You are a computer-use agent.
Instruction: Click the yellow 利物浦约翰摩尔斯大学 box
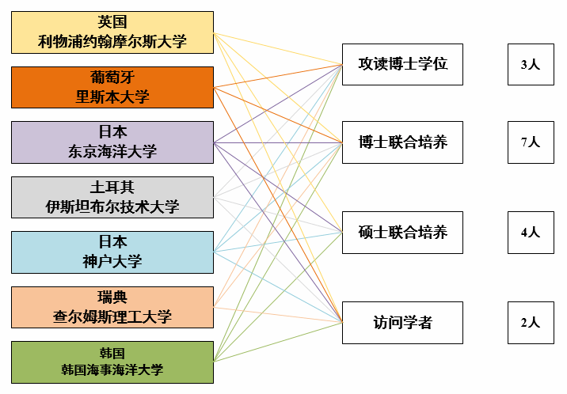pyautogui.click(x=112, y=32)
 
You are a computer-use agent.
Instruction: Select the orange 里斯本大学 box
pyautogui.click(x=112, y=87)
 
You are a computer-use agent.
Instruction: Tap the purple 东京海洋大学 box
pyautogui.click(x=112, y=142)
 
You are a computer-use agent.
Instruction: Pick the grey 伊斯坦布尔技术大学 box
pyautogui.click(x=112, y=197)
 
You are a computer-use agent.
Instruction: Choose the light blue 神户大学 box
pyautogui.click(x=112, y=252)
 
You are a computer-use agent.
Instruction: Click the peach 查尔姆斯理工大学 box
pyautogui.click(x=112, y=307)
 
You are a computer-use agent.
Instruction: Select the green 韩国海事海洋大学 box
pyautogui.click(x=112, y=362)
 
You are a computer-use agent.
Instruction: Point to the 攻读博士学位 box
pyautogui.click(x=402, y=64)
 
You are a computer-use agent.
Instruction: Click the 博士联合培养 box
pyautogui.click(x=402, y=142)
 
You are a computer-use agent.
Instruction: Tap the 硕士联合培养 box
pyautogui.click(x=402, y=233)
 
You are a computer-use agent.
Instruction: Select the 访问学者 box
pyautogui.click(x=402, y=323)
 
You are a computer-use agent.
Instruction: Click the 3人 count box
pyautogui.click(x=530, y=64)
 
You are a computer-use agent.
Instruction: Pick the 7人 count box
pyautogui.click(x=530, y=142)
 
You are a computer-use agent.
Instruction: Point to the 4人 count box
pyautogui.click(x=530, y=233)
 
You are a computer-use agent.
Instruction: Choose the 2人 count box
pyautogui.click(x=530, y=323)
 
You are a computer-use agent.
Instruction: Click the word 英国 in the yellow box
pyautogui.click(x=112, y=22)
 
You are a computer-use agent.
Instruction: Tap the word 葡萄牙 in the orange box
pyautogui.click(x=112, y=78)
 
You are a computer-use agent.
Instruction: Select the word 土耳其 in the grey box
pyautogui.click(x=112, y=188)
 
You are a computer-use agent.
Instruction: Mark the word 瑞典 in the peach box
pyautogui.click(x=112, y=297)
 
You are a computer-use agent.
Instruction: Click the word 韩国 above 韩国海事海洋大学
pyautogui.click(x=112, y=352)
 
